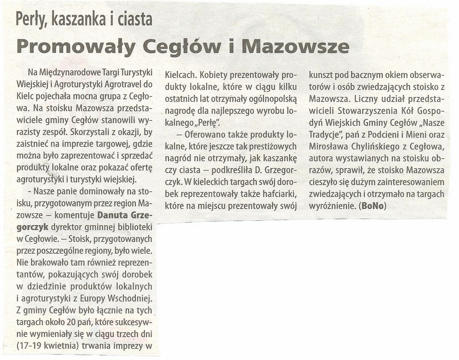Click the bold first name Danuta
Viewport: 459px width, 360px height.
pyautogui.click(x=114, y=215)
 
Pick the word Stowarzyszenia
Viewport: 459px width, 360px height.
pyautogui.click(x=373, y=111)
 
